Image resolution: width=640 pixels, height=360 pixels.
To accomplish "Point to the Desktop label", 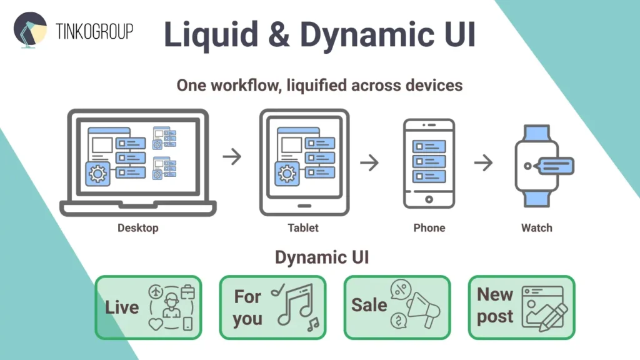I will tap(138, 228).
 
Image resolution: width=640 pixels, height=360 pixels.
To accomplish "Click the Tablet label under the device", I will tap(303, 228).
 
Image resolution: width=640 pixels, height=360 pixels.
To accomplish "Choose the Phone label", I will tap(429, 228).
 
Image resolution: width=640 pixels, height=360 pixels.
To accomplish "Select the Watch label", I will tap(536, 228).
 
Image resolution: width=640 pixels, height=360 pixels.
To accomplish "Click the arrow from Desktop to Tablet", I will tap(232, 157).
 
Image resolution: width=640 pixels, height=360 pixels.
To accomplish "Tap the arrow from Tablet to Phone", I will tap(370, 163).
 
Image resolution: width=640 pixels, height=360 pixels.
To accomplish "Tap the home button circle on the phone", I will tap(429, 199).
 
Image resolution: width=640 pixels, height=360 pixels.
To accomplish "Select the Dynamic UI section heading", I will tap(320, 257).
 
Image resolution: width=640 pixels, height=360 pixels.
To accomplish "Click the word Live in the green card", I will tap(122, 307).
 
